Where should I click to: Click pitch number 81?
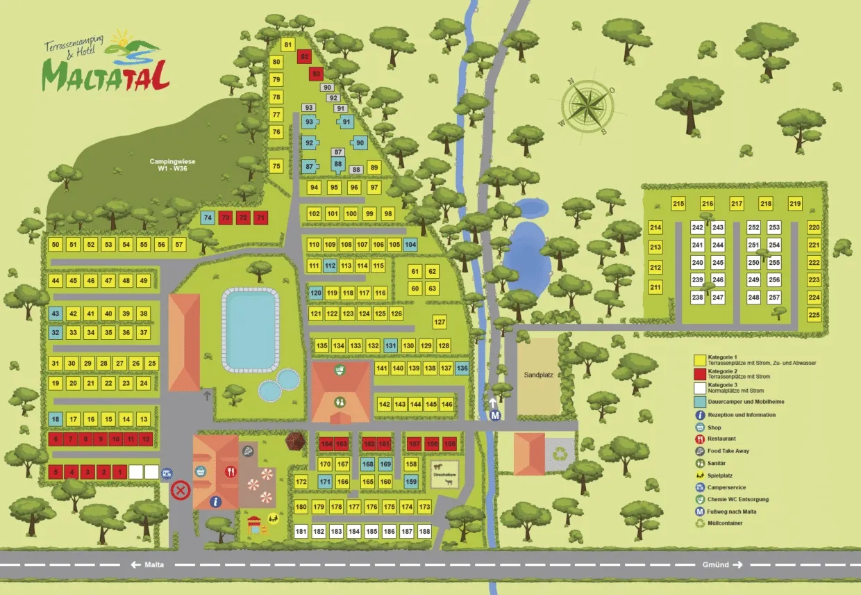pyautogui.click(x=288, y=46)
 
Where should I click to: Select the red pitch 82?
pyautogui.click(x=303, y=57)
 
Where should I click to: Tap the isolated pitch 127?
pyautogui.click(x=440, y=323)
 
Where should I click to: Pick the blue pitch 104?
pyautogui.click(x=410, y=245)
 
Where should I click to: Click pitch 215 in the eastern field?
pyautogui.click(x=678, y=204)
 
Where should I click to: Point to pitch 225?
pyautogui.click(x=814, y=315)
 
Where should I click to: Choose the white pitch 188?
pyautogui.click(x=425, y=532)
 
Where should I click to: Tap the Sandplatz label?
pyautogui.click(x=537, y=374)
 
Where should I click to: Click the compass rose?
pyautogui.click(x=587, y=106)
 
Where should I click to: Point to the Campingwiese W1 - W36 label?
pyautogui.click(x=173, y=165)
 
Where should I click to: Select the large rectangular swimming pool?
pyautogui.click(x=250, y=331)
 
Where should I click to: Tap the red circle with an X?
pyautogui.click(x=181, y=491)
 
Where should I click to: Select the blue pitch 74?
pyautogui.click(x=207, y=218)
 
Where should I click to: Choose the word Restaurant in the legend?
pyautogui.click(x=722, y=439)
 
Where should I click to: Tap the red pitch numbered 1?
pyautogui.click(x=120, y=472)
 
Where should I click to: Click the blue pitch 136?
pyautogui.click(x=462, y=368)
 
